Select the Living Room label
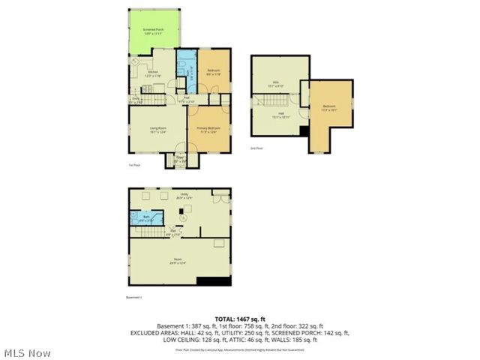(x=157, y=129)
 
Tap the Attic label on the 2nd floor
(x=276, y=84)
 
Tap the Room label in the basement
(x=177, y=261)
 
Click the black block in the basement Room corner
(x=213, y=282)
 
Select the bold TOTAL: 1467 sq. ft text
(x=239, y=319)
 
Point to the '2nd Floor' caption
(x=256, y=148)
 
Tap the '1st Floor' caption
(x=135, y=166)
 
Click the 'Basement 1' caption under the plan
(x=133, y=298)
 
